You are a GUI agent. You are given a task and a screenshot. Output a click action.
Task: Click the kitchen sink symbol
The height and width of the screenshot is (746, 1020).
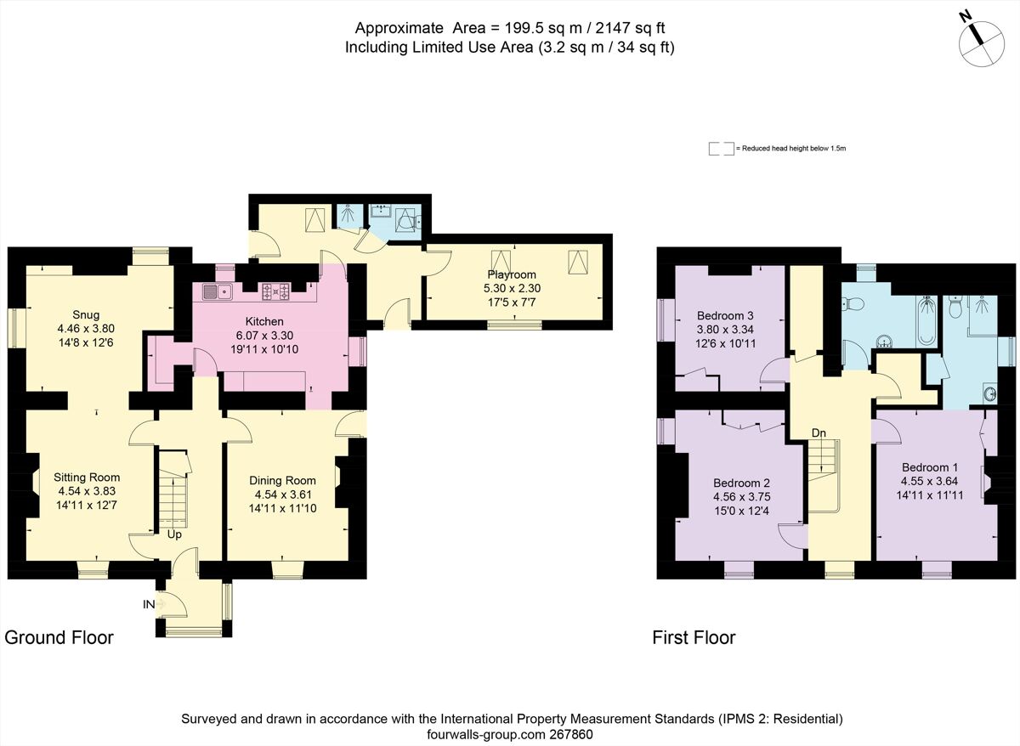tap(219, 293)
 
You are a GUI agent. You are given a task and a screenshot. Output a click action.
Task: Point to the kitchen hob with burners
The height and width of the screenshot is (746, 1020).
tap(275, 293)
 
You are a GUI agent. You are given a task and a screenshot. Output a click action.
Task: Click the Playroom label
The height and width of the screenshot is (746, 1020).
tap(512, 274)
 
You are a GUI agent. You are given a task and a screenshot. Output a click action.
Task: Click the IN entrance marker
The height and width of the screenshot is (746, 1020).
tap(149, 604)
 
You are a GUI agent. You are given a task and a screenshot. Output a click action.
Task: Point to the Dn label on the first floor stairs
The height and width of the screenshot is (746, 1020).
tap(819, 433)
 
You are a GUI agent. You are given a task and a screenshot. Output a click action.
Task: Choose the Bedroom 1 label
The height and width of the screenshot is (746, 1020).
tap(930, 467)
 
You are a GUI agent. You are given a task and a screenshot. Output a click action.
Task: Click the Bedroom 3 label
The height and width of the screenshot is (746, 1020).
tap(725, 315)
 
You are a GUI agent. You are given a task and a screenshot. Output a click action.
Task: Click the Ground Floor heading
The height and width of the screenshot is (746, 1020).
tap(59, 637)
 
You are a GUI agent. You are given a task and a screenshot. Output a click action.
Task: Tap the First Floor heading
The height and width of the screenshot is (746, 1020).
tap(694, 637)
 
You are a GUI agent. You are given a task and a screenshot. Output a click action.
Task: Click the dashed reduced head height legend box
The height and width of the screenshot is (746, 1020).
tap(721, 148)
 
